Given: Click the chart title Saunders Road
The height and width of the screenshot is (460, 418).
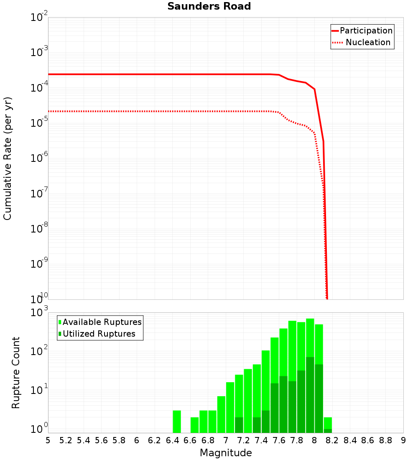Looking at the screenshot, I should pyautogui.click(x=209, y=6).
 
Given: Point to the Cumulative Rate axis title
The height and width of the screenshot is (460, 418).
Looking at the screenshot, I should pyautogui.click(x=8, y=158).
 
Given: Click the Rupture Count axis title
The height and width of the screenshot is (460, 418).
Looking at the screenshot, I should pyautogui.click(x=16, y=372).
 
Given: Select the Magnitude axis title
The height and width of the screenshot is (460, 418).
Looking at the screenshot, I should pyautogui.click(x=226, y=453).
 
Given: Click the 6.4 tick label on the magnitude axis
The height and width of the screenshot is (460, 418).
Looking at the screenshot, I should pyautogui.click(x=172, y=440).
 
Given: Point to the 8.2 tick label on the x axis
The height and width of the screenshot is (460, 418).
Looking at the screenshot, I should pyautogui.click(x=332, y=440).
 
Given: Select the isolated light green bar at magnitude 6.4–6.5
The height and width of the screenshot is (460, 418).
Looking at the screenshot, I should pyautogui.click(x=177, y=422).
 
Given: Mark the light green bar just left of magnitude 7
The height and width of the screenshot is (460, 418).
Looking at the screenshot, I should pyautogui.click(x=222, y=414).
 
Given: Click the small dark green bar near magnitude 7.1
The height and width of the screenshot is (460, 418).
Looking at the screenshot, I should pyautogui.click(x=239, y=424).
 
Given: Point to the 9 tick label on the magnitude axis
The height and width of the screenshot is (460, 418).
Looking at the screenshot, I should pyautogui.click(x=403, y=440).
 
